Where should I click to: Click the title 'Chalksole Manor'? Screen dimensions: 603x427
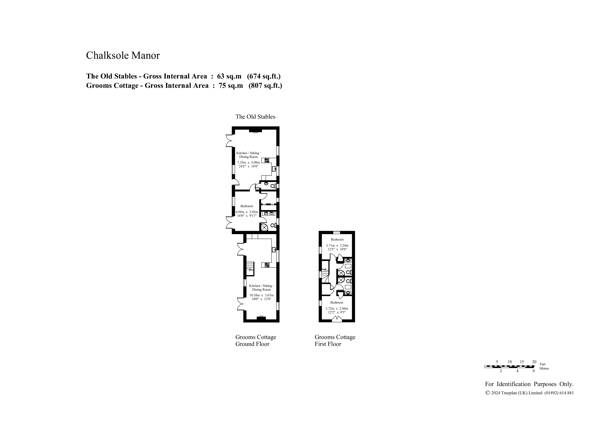(x=123, y=55)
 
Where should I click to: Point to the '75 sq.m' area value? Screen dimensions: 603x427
(x=231, y=86)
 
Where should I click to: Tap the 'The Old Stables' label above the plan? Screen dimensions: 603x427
(x=255, y=117)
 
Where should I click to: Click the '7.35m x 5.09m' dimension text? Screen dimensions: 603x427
(x=248, y=163)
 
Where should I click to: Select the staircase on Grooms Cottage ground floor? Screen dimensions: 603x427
(x=250, y=269)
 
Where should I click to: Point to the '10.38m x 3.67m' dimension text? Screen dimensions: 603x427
(x=261, y=295)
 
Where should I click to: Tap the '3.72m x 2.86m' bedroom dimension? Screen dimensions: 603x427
(x=337, y=309)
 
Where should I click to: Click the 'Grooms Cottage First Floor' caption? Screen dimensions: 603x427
(x=335, y=340)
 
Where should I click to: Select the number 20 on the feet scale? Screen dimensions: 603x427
(x=534, y=362)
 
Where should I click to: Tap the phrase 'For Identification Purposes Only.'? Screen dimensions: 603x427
(x=529, y=384)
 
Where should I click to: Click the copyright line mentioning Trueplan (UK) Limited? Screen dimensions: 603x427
(x=529, y=393)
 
